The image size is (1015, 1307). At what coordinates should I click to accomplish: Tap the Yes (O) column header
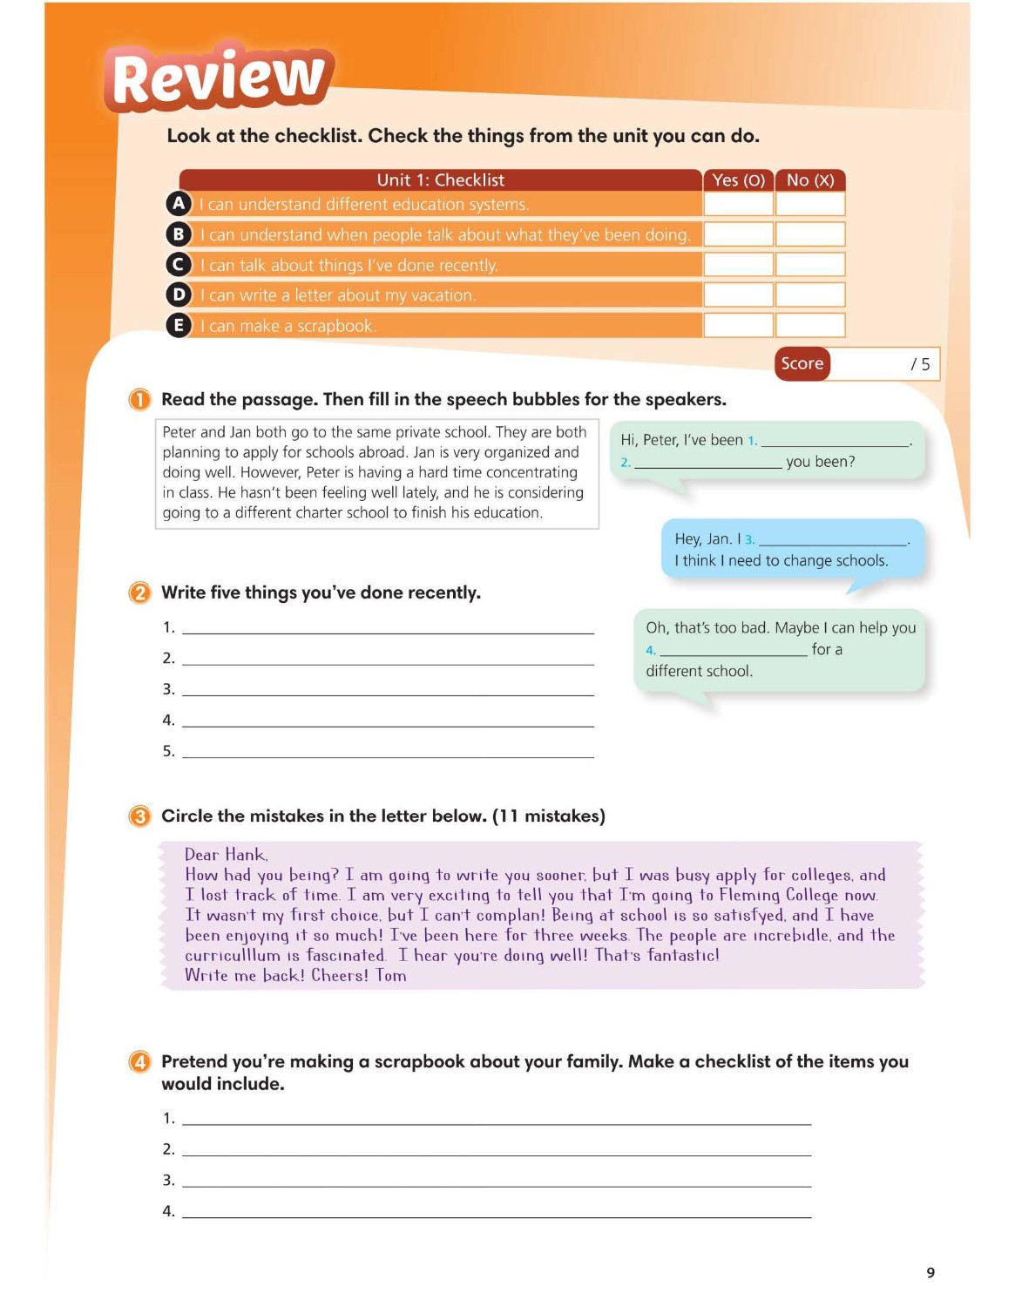(x=738, y=180)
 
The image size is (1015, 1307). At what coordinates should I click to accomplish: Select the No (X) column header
(x=810, y=180)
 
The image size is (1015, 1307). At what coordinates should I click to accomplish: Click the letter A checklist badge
(x=179, y=204)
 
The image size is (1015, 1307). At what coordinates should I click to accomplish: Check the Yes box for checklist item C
(x=738, y=265)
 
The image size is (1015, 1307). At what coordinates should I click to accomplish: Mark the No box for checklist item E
(x=810, y=326)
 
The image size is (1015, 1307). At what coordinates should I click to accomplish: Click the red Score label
(x=802, y=363)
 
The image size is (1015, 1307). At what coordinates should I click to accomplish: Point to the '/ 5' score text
(x=920, y=364)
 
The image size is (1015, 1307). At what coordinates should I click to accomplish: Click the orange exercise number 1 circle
(x=139, y=400)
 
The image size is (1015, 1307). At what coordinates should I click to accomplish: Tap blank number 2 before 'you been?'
(x=707, y=463)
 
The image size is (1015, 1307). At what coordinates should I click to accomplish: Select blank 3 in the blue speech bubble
(x=832, y=540)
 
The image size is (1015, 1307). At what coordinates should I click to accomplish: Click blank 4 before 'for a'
(x=733, y=650)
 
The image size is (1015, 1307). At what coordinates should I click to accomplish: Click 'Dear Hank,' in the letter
(x=226, y=855)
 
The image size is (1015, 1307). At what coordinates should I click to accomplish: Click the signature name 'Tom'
(x=391, y=976)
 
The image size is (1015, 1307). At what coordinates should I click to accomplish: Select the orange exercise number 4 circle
(x=139, y=1062)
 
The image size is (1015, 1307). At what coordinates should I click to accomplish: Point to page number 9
(x=930, y=1273)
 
